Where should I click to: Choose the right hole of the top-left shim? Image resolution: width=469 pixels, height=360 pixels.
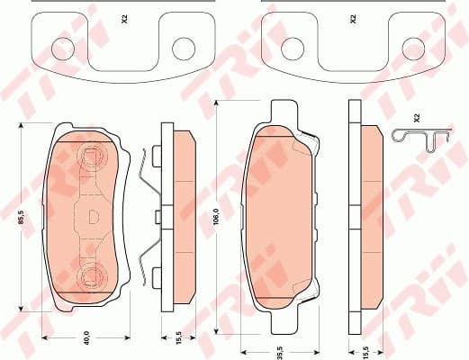185,48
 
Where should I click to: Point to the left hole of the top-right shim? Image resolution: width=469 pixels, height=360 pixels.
294,48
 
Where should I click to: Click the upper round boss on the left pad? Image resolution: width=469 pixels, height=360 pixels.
91,159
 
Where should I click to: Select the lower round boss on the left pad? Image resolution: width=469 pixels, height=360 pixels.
91,275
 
